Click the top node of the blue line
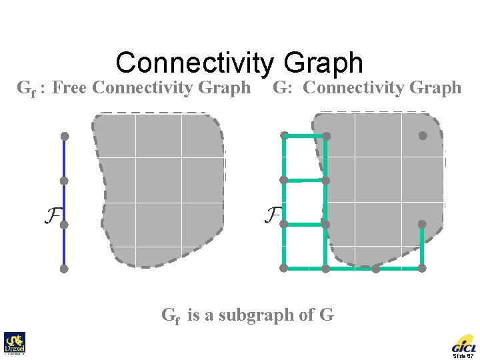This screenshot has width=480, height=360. [x=65, y=136]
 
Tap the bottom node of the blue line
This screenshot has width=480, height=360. [x=64, y=269]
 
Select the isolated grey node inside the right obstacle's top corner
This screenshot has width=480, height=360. [x=423, y=135]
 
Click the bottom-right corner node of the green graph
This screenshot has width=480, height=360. [x=422, y=268]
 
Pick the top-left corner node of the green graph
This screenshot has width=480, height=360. [x=284, y=136]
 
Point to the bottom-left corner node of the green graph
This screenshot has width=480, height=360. [x=283, y=268]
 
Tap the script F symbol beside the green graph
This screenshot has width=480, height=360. [x=273, y=215]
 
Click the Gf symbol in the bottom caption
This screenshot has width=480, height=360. [x=171, y=315]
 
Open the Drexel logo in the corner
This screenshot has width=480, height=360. [x=14, y=343]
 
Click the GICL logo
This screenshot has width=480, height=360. [x=464, y=345]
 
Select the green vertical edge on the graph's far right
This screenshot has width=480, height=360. [x=422, y=246]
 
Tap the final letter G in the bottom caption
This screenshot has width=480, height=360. [x=327, y=315]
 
